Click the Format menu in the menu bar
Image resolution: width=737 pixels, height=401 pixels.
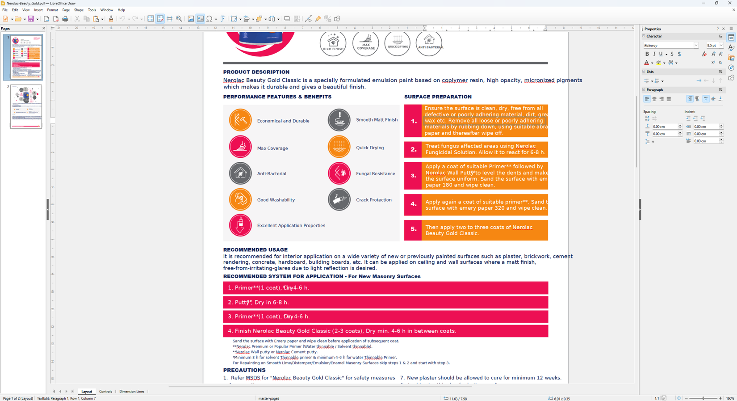pos(52,10)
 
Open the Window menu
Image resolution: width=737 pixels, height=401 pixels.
pos(106,10)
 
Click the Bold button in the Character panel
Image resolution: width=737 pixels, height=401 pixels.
pos(647,54)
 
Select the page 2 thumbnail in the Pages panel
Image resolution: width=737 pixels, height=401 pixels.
pos(26,107)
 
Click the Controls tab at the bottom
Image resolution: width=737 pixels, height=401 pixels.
pos(105,392)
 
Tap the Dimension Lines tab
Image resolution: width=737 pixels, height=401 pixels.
pos(132,392)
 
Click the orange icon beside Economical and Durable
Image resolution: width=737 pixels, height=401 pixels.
pos(240,120)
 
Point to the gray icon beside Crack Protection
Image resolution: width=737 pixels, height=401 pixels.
pos(339,199)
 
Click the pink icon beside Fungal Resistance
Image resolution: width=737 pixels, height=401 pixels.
pos(339,173)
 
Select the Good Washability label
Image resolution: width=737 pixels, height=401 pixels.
pos(276,200)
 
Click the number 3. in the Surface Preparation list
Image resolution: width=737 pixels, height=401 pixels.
pos(413,176)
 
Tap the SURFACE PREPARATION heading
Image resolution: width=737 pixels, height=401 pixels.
pos(438,97)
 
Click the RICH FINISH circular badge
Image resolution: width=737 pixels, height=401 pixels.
pos(333,43)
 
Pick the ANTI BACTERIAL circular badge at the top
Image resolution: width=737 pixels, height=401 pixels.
pos(429,43)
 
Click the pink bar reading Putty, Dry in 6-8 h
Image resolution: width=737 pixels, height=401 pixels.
pos(385,302)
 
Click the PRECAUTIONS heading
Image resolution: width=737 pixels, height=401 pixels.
pos(244,370)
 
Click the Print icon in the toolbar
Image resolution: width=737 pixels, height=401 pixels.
pos(65,19)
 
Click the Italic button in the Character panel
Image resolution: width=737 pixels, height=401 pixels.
pos(654,54)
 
